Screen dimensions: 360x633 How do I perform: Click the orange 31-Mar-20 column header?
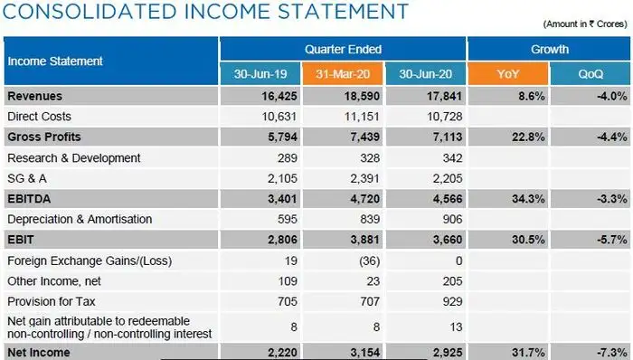[x=344, y=73]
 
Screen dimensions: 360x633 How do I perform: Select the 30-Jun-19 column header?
[x=260, y=73]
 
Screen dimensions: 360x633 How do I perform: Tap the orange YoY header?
[x=508, y=73]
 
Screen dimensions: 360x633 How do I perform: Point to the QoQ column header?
[x=591, y=73]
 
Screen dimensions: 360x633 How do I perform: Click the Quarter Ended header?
[x=344, y=49]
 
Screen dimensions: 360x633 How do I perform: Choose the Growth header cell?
[x=550, y=49]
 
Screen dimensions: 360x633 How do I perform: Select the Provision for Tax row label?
[x=50, y=301]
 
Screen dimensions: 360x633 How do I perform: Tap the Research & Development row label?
[x=73, y=157]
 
